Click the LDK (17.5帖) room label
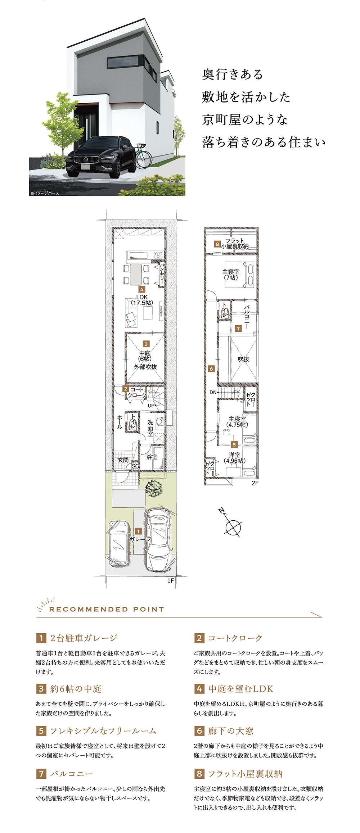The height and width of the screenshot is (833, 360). pyautogui.click(x=142, y=300)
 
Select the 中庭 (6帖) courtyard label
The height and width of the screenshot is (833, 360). pyautogui.click(x=145, y=356)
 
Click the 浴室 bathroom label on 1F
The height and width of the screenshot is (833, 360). pyautogui.click(x=152, y=457)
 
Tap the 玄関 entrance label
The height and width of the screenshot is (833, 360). pyautogui.click(x=123, y=460)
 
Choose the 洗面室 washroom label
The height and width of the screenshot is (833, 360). pyautogui.click(x=150, y=428)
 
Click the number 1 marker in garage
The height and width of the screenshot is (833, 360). pyautogui.click(x=138, y=531)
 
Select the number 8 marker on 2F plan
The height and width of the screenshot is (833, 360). pyautogui.click(x=217, y=244)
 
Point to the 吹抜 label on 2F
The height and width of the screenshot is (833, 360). pyautogui.click(x=243, y=359)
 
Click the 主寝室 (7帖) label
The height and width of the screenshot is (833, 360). pyautogui.click(x=231, y=275)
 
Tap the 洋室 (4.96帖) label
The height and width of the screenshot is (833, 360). pyautogui.click(x=234, y=458)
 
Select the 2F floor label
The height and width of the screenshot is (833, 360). pyautogui.click(x=255, y=483)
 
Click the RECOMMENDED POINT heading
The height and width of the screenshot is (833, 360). pyautogui.click(x=107, y=610)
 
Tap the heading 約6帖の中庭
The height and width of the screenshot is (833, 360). pyautogui.click(x=76, y=689)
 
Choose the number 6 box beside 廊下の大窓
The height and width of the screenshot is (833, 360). pyautogui.click(x=199, y=731)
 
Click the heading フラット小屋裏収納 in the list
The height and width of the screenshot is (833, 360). pyautogui.click(x=246, y=774)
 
